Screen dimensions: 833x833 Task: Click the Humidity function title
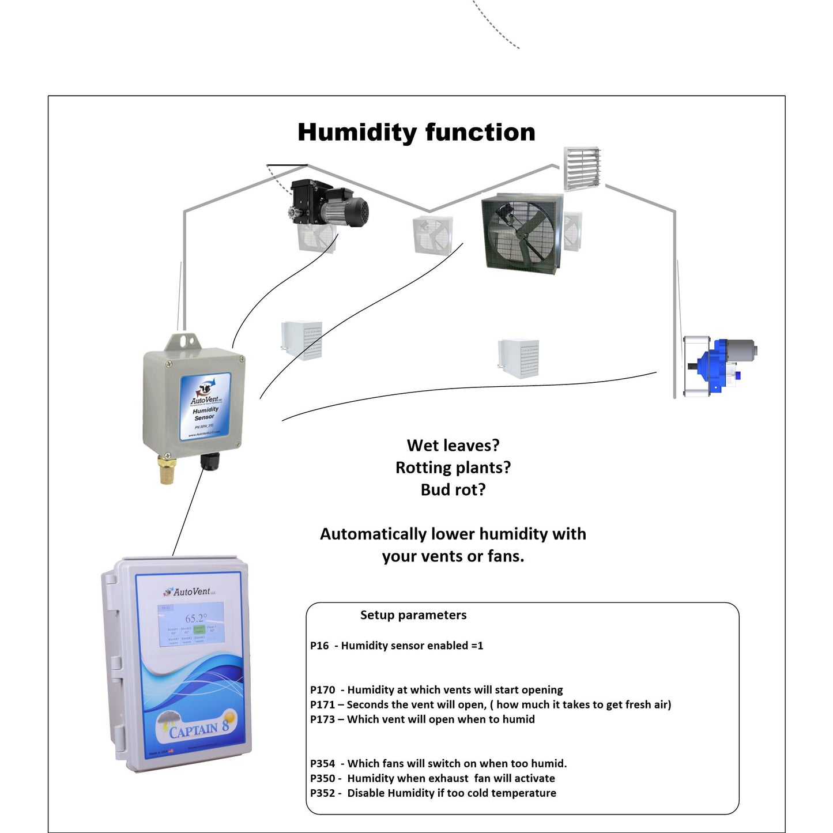(x=416, y=133)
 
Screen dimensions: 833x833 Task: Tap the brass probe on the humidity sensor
(x=167, y=470)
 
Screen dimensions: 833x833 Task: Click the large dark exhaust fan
(x=521, y=233)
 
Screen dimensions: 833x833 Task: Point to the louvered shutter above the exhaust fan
(x=582, y=168)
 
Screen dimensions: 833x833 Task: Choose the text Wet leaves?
(x=453, y=446)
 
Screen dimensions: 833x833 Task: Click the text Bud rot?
(x=453, y=490)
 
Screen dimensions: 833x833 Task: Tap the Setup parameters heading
(x=413, y=615)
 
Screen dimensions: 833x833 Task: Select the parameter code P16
(x=319, y=646)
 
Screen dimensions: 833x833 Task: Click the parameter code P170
(x=322, y=690)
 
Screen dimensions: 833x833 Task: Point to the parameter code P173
(x=322, y=719)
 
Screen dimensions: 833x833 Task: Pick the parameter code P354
(x=322, y=764)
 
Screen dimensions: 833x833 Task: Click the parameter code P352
(x=322, y=793)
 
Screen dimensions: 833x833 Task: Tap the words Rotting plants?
(x=453, y=468)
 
